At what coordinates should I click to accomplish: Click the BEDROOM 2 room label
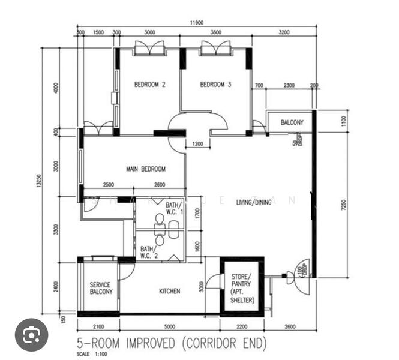click(149, 85)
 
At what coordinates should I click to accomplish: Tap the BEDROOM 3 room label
click(215, 85)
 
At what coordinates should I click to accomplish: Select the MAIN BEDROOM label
click(145, 169)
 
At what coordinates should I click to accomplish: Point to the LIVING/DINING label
click(253, 202)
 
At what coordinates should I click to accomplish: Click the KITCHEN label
click(169, 291)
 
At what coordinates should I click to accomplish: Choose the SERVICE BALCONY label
click(101, 288)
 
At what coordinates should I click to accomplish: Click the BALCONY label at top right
click(292, 122)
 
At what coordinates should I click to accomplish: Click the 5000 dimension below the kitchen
click(169, 326)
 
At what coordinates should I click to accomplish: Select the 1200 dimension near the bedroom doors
click(197, 144)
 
